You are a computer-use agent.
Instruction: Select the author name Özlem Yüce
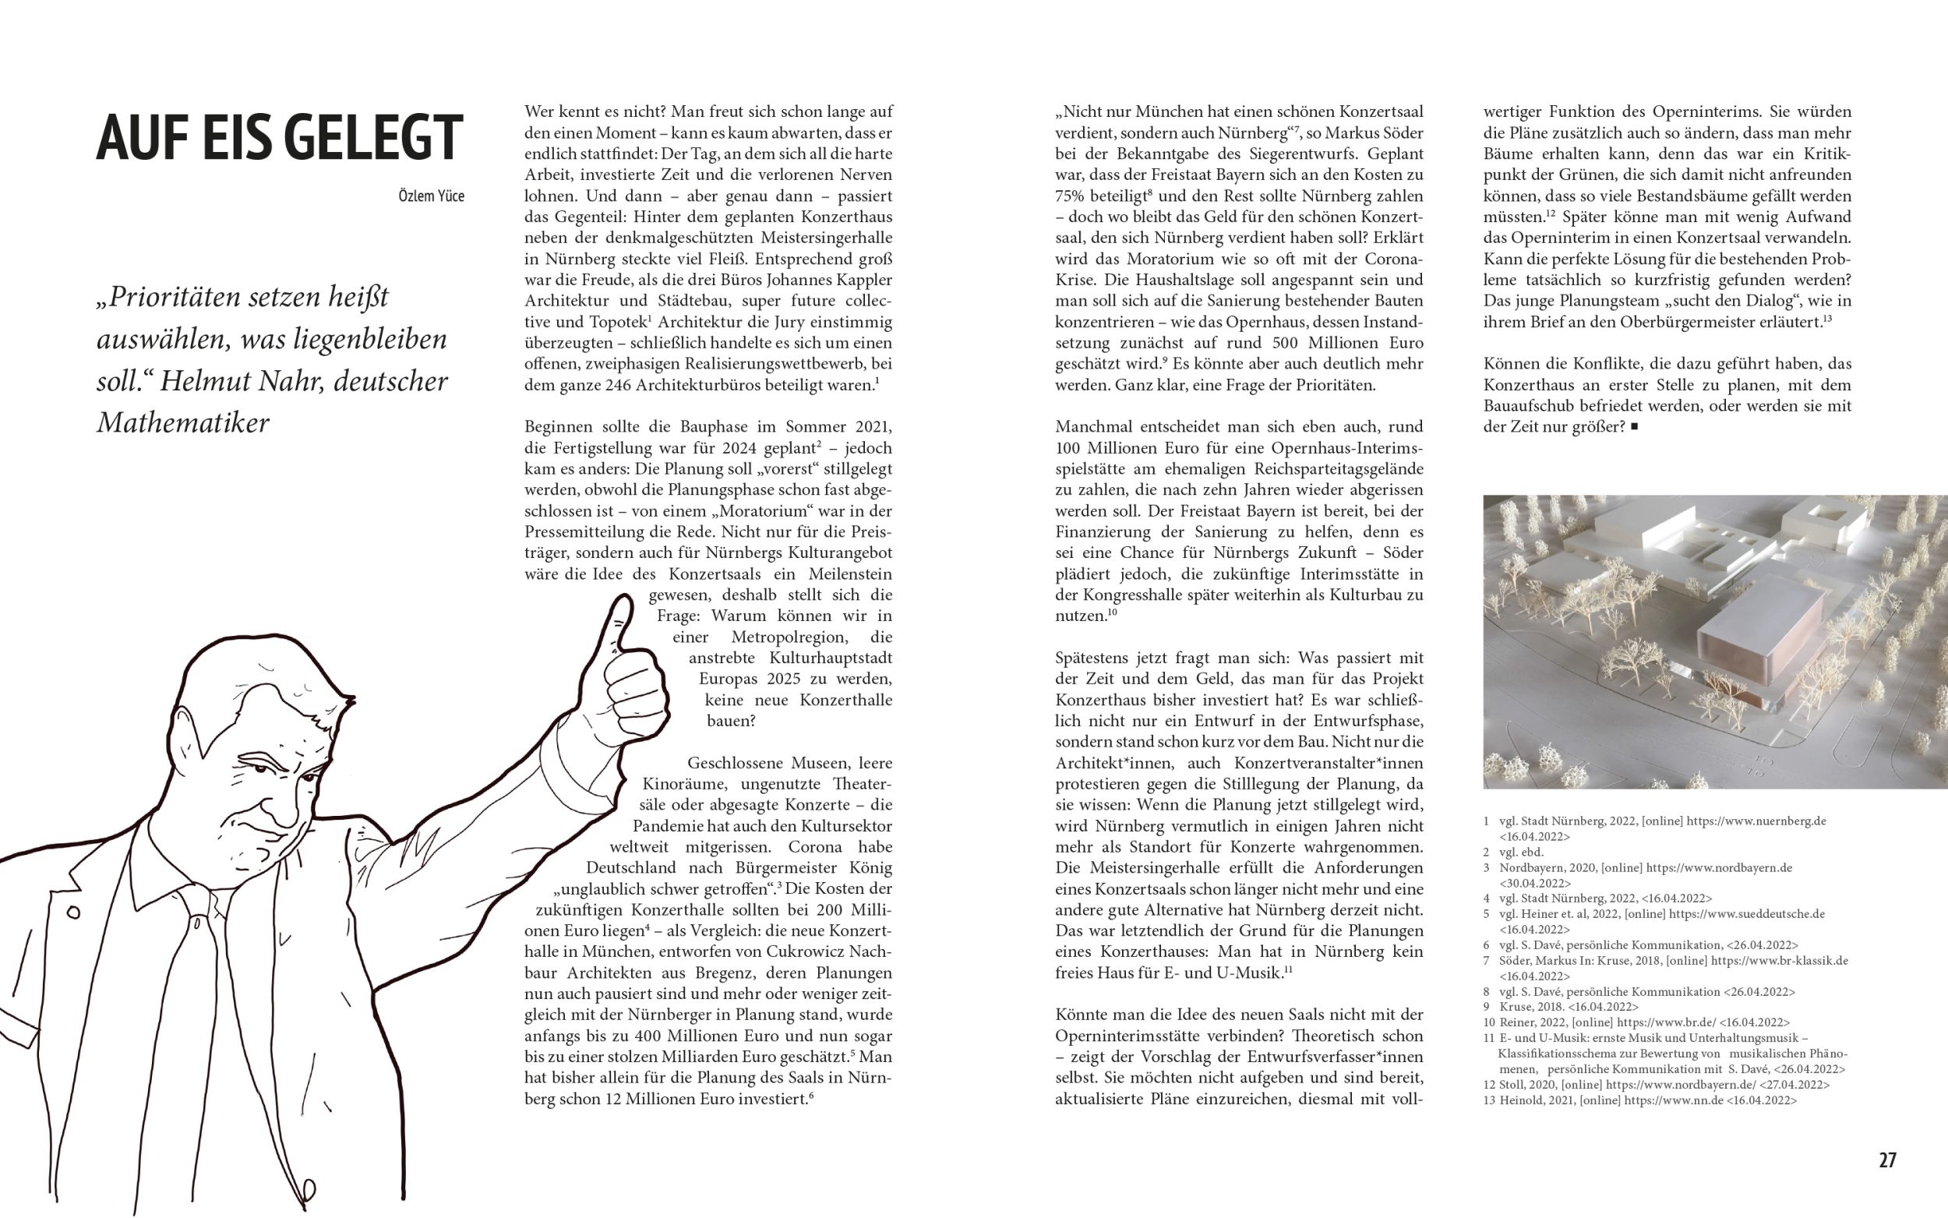[431, 196]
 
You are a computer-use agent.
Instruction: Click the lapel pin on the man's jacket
[73, 913]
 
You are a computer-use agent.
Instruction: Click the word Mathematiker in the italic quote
[183, 423]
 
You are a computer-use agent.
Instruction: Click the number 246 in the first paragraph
[617, 385]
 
